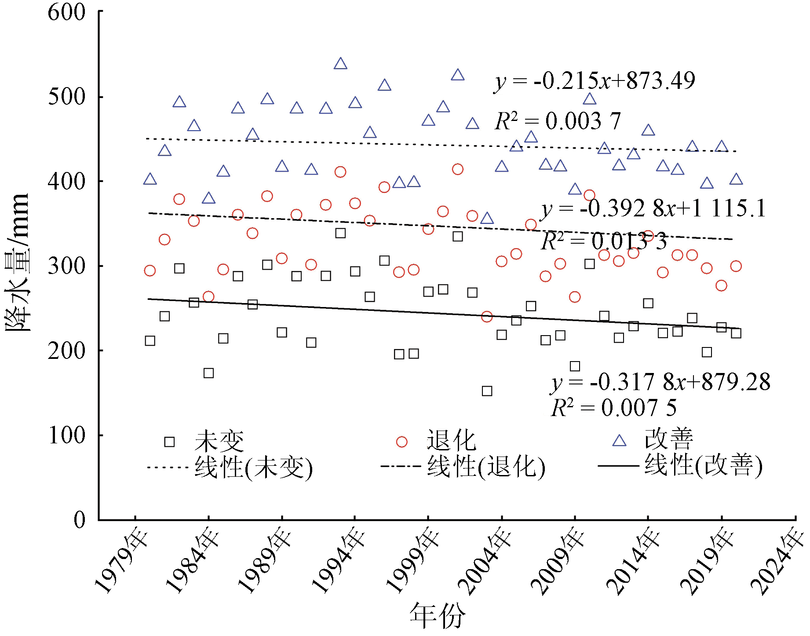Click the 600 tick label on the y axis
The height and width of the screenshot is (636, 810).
pos(67,12)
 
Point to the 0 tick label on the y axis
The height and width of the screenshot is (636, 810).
pos(80,519)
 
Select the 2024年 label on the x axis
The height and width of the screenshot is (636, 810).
pos(778,563)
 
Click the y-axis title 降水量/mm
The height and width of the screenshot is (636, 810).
pos(18,262)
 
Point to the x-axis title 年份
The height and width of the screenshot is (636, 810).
pos(437,616)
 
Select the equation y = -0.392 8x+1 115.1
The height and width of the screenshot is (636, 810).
pos(653,208)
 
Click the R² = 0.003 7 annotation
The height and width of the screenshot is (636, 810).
pos(558,121)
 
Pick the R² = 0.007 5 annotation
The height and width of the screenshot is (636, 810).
pos(613,408)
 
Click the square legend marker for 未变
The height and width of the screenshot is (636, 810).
pos(169,442)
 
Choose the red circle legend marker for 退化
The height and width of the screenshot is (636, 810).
pos(401,442)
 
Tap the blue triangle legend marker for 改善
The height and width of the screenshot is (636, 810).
pos(619,441)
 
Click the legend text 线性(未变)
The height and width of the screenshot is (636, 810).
pos(254,467)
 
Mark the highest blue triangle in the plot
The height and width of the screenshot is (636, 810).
pos(340,64)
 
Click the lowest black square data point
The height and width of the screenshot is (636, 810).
pos(487,391)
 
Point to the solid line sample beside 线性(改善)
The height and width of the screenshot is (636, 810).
pos(618,466)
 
